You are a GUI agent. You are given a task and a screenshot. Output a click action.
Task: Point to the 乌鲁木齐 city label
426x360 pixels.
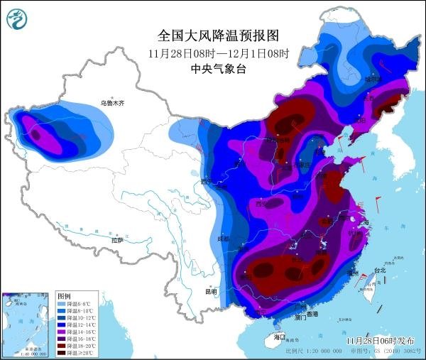[111, 103]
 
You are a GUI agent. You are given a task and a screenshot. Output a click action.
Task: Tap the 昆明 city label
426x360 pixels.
[211, 291]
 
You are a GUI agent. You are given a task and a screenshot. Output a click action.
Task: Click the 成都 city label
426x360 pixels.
[224, 239]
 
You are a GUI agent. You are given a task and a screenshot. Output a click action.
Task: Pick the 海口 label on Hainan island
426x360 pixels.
[279, 336]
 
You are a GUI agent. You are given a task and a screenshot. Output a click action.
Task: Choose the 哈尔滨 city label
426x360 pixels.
[375, 79]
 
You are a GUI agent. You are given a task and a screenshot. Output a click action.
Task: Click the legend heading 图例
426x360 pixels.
[64, 295]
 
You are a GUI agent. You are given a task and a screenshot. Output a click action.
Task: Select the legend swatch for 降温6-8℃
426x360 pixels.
[62, 304]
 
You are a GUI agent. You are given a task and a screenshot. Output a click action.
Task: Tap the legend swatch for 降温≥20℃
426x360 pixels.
[62, 352]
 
